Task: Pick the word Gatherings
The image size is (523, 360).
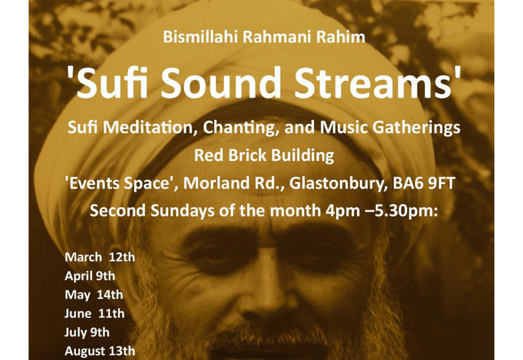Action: pyautogui.click(x=416, y=128)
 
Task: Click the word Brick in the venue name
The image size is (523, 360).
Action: pyautogui.click(x=247, y=155)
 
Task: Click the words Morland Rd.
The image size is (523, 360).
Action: pyautogui.click(x=234, y=183)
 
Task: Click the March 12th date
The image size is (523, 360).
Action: pyautogui.click(x=100, y=257)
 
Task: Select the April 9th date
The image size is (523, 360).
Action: pyautogui.click(x=90, y=276)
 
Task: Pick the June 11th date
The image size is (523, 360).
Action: pyautogui.click(x=94, y=313)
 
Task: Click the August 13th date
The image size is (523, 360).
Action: pyautogui.click(x=100, y=351)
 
